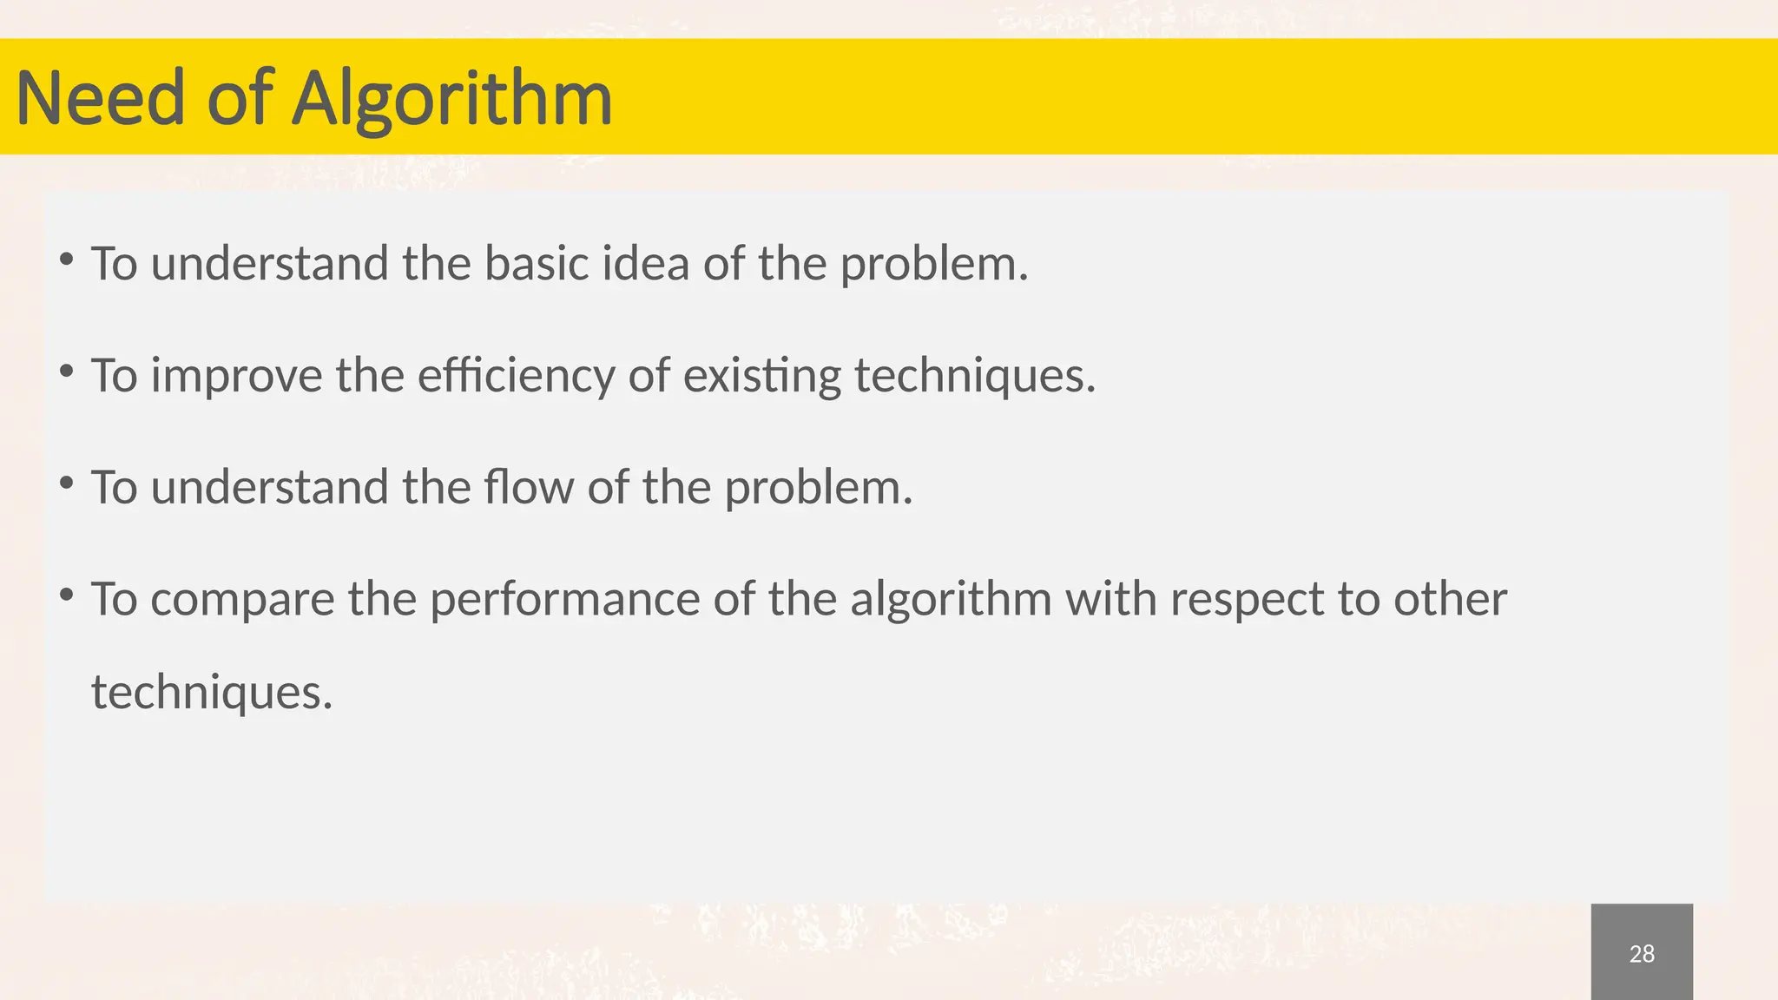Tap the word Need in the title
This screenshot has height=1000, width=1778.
click(101, 98)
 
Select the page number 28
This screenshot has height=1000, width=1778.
click(1642, 954)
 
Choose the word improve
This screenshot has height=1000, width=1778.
click(236, 376)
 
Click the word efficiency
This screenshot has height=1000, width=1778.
click(516, 376)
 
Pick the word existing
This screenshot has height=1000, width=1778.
click(761, 376)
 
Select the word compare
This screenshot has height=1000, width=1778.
click(242, 600)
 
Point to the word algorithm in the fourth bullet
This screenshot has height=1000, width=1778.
click(951, 600)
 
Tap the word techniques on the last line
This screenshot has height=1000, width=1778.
click(212, 693)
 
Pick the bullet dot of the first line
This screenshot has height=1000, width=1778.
click(66, 259)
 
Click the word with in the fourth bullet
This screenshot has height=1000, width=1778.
click(1110, 600)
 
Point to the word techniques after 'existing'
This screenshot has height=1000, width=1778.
click(974, 376)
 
